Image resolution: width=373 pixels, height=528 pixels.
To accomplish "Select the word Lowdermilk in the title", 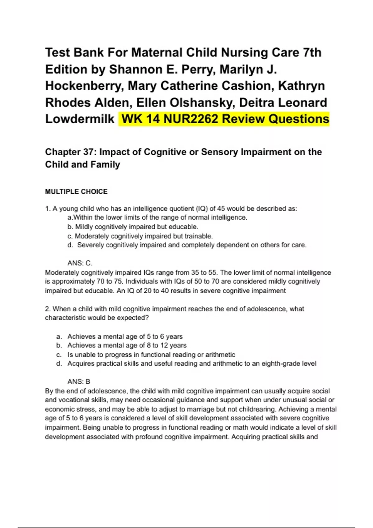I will click(80, 119).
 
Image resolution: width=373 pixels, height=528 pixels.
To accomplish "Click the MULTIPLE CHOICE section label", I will click(76, 192).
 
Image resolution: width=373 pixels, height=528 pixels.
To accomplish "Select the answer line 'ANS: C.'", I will click(80, 263).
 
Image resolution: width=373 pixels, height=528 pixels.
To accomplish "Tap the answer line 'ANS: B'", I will click(79, 381).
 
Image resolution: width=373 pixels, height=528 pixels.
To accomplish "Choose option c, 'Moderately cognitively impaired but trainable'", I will click(140, 236).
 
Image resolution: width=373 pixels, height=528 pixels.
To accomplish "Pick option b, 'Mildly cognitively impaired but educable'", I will click(133, 227).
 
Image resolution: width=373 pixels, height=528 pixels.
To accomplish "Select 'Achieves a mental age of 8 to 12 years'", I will click(127, 345).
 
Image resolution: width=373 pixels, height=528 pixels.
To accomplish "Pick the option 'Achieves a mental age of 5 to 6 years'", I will click(125, 336).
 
